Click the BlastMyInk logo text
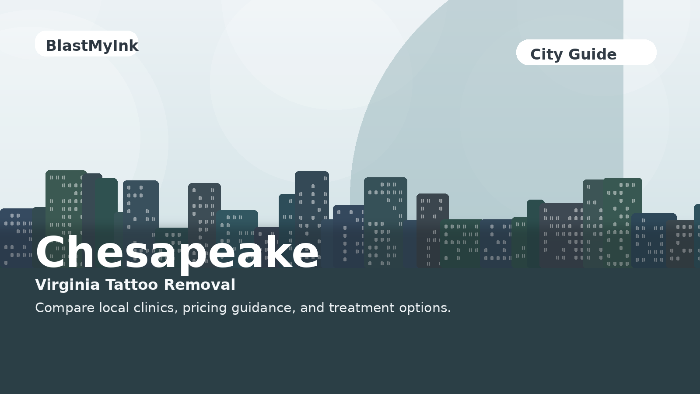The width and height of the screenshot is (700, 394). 92,46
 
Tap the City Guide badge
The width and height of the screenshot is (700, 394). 586,53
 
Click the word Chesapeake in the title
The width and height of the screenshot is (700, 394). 177,253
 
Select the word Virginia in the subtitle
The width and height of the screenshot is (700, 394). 67,285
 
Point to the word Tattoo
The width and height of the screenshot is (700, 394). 132,285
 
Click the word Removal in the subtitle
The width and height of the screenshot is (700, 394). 199,285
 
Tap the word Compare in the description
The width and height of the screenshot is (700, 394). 65,308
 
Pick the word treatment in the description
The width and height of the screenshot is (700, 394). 361,308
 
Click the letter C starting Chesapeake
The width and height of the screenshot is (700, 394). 51,253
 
